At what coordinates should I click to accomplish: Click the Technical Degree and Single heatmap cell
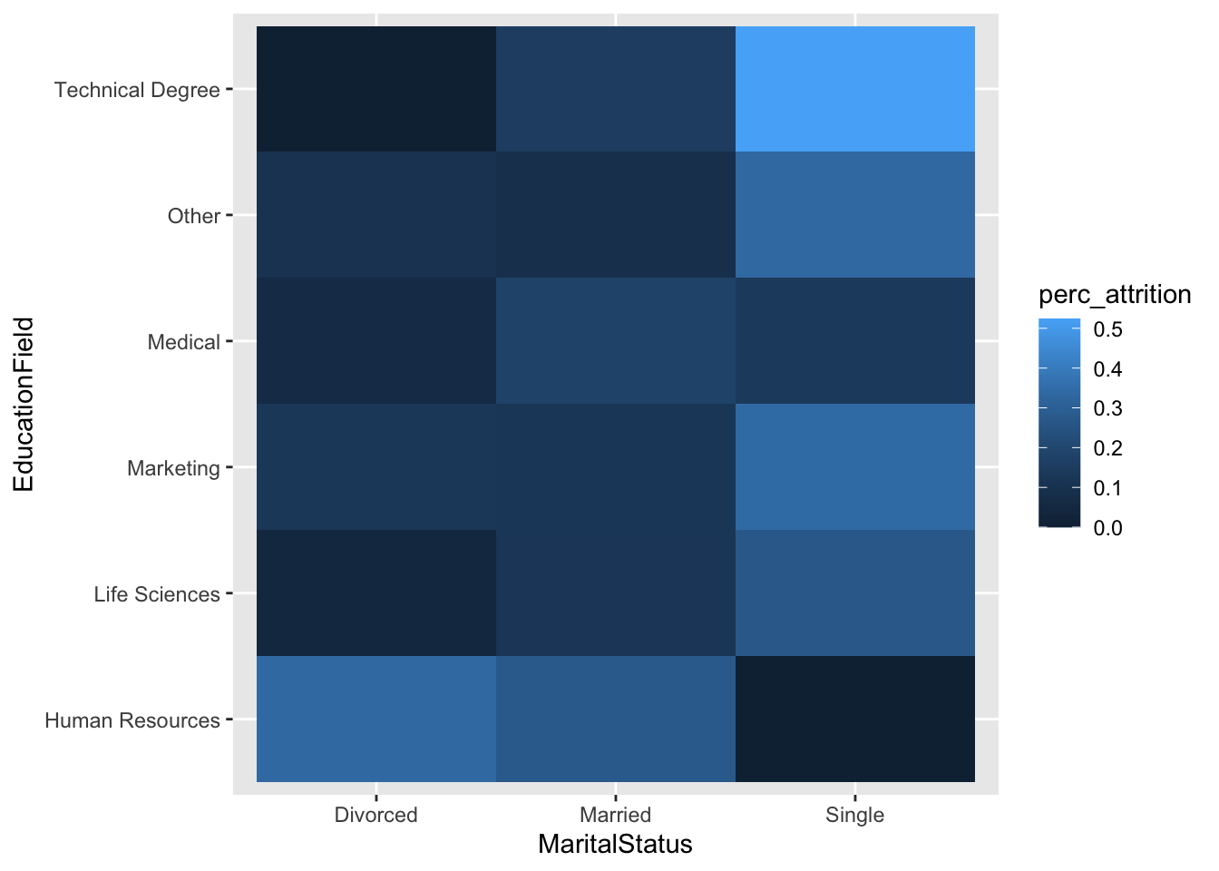click(x=854, y=89)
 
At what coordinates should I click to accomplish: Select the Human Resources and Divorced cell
click(x=375, y=719)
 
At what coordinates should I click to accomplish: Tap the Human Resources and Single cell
click(x=854, y=719)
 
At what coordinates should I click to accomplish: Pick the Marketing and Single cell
click(x=854, y=467)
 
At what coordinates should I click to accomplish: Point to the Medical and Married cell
click(x=615, y=341)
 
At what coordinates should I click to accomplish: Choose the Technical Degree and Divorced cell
click(x=375, y=89)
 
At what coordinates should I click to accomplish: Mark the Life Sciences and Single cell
click(x=854, y=592)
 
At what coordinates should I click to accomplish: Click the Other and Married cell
click(x=615, y=215)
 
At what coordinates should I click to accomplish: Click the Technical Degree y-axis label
click(x=137, y=90)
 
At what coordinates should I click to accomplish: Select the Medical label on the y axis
click(x=184, y=342)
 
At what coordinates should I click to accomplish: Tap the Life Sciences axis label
click(x=157, y=594)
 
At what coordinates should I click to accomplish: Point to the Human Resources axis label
click(x=132, y=720)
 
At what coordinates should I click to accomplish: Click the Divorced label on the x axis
click(x=375, y=815)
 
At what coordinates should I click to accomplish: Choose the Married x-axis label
click(x=615, y=815)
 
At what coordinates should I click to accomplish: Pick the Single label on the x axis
click(x=854, y=815)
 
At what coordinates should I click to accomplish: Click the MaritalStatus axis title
click(x=615, y=845)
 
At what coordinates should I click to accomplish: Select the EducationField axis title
click(x=24, y=404)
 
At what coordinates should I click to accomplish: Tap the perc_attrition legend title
click(x=1115, y=295)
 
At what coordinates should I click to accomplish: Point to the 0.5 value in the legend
click(x=1107, y=329)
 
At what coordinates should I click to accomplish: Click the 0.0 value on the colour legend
click(x=1107, y=528)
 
